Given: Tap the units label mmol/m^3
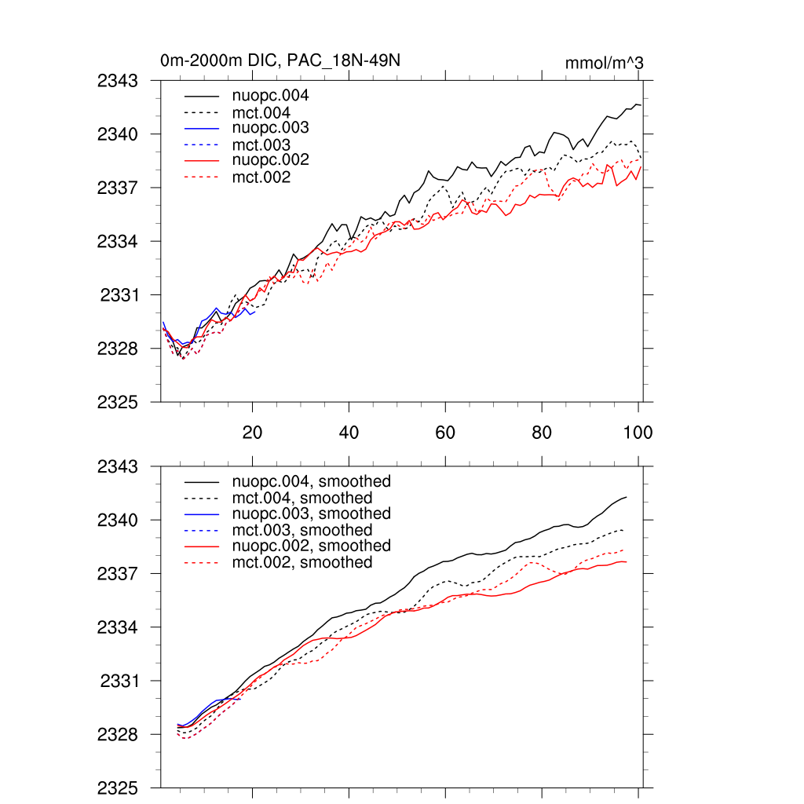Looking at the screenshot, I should tap(604, 63).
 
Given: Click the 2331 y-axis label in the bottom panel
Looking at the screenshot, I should tap(119, 682).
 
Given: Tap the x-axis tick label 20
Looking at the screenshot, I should tap(252, 433).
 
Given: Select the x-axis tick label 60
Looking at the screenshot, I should tap(445, 433).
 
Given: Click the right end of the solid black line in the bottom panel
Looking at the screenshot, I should tap(626, 497).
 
